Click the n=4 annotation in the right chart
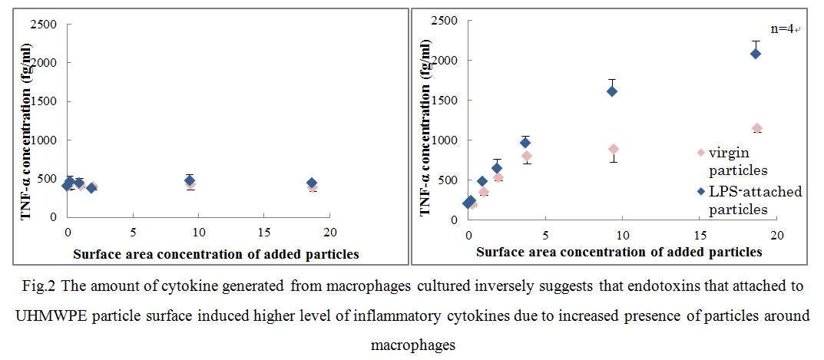pos(785,29)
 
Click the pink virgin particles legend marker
pos(700,152)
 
